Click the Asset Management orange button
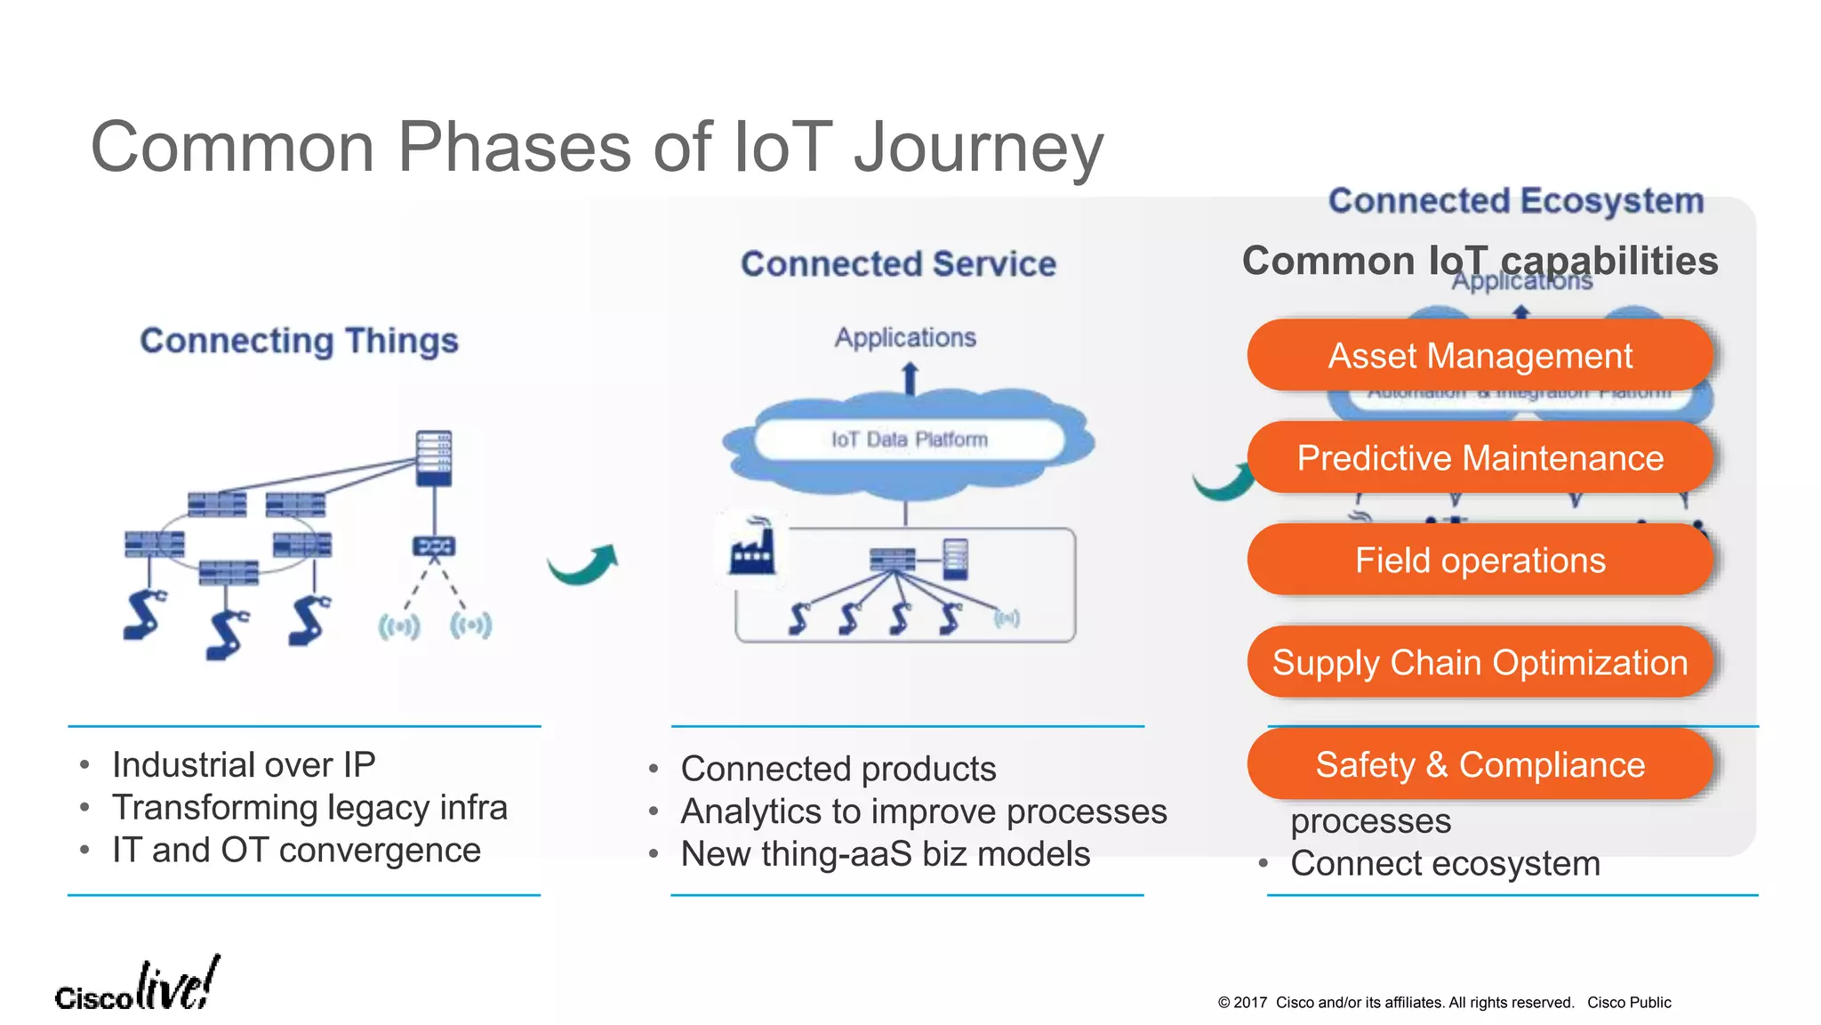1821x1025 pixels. [x=1480, y=356]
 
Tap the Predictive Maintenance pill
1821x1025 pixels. [x=1480, y=458]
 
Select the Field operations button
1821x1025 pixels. [x=1480, y=561]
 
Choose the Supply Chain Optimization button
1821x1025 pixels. [x=1480, y=663]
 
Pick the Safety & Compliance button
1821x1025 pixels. [x=1480, y=765]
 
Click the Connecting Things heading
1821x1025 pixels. [x=299, y=341]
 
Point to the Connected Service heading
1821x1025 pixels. [x=898, y=264]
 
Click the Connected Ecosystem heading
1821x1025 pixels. [x=1515, y=201]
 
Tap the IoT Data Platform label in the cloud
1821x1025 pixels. [x=909, y=440]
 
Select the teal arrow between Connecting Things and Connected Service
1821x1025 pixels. [x=584, y=565]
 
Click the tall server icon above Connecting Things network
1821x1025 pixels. [x=434, y=458]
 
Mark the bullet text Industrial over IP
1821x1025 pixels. [x=244, y=765]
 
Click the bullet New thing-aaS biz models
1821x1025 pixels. [x=885, y=854]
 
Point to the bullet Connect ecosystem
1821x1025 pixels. [x=1445, y=864]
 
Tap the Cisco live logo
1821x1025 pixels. [x=137, y=986]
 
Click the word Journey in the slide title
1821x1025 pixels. [x=978, y=147]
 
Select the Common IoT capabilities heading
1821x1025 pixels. [x=1480, y=261]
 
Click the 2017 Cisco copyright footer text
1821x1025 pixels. [x=1444, y=1003]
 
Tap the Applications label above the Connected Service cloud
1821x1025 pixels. [x=905, y=338]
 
